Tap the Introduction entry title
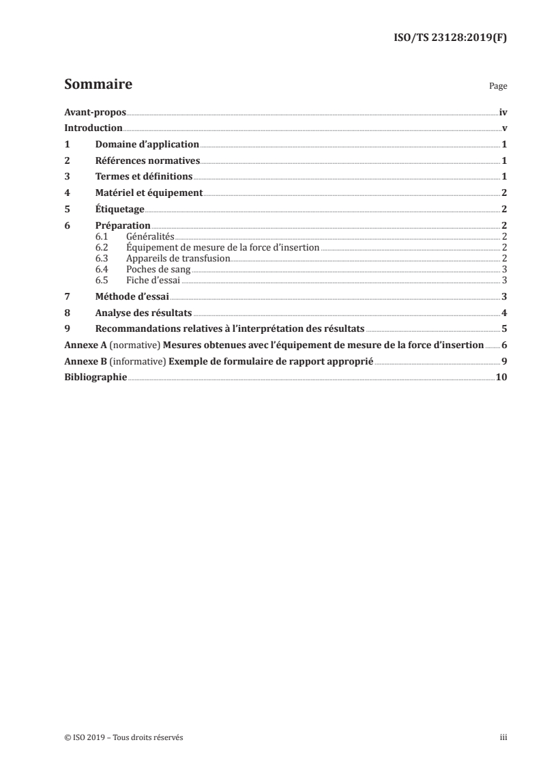[93, 128]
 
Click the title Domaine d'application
[147, 145]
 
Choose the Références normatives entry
[147, 160]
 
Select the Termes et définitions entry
[144, 176]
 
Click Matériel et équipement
[149, 193]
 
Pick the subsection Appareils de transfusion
[178, 258]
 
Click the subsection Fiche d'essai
[153, 280]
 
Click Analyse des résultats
[143, 313]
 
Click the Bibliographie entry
[96, 378]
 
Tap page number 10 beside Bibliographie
[501, 378]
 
